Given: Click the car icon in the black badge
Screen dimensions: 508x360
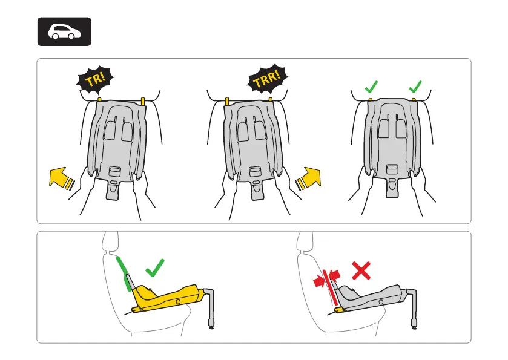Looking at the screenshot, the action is click(x=64, y=32).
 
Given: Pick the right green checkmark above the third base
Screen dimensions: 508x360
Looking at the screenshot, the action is click(x=415, y=88).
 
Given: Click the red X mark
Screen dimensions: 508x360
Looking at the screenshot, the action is click(x=361, y=270).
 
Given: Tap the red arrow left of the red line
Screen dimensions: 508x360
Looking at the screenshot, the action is click(x=318, y=281).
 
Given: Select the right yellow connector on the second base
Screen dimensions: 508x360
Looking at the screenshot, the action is click(x=269, y=98).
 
